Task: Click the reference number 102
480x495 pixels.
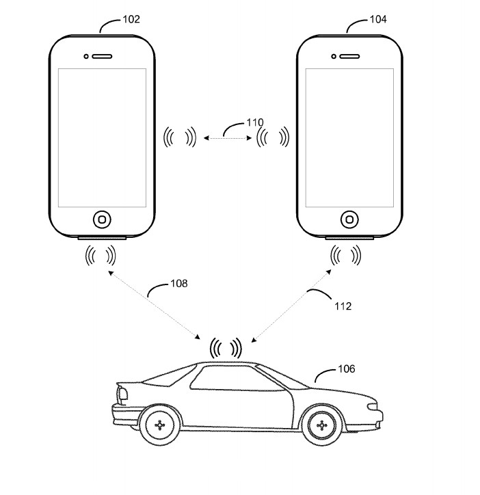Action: [131, 19]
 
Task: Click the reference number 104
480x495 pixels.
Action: [377, 19]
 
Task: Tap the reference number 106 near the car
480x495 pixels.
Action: [347, 369]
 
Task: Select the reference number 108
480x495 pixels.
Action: [179, 282]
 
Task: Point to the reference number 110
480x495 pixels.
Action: [254, 123]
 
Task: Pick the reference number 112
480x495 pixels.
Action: [343, 306]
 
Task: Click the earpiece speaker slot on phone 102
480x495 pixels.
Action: [101, 56]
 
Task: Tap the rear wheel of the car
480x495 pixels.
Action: [160, 425]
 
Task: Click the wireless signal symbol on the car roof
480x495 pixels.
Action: [226, 347]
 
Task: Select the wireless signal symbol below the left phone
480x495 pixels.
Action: [100, 256]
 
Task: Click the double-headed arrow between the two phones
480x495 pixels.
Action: [226, 139]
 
